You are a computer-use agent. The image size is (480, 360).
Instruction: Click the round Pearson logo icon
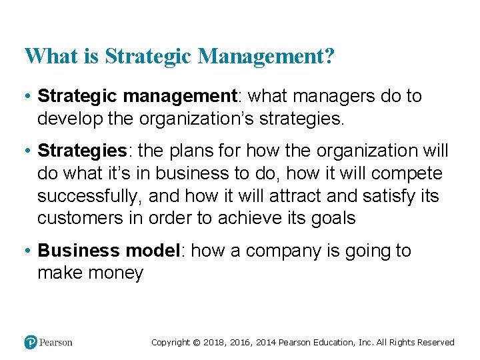[31, 342]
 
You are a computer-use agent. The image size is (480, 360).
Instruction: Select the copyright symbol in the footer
[197, 343]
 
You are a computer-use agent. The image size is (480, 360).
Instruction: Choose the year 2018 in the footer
[215, 343]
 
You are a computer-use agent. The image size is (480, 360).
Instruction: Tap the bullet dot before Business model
[28, 251]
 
